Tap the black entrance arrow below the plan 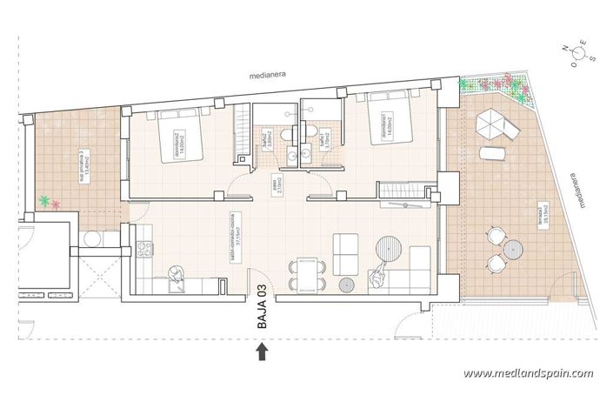click(x=262, y=351)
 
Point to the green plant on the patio click(x=43, y=201)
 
